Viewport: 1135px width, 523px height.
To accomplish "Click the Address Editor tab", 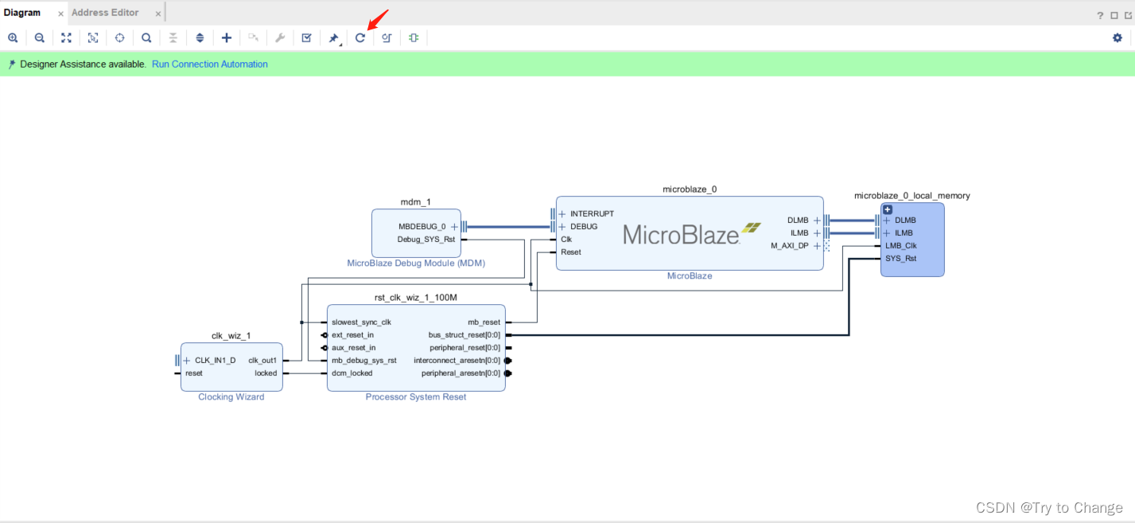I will (105, 13).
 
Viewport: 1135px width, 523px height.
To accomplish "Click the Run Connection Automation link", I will (209, 64).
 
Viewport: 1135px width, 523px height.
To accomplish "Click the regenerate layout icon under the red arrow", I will (360, 37).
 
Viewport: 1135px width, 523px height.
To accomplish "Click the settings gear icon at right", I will (1117, 37).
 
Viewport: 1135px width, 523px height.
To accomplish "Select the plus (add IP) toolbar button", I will (227, 37).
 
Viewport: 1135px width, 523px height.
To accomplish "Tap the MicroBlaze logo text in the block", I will (681, 233).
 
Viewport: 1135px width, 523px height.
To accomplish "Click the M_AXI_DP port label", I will (789, 246).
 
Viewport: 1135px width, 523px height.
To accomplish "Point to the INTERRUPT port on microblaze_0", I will (591, 213).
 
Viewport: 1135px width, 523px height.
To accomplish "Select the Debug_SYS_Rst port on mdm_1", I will (426, 239).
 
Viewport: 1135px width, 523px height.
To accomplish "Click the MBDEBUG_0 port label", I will (422, 226).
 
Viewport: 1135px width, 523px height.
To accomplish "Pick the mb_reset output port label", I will (484, 322).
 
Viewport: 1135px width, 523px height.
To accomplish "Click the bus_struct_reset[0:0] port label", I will (464, 335).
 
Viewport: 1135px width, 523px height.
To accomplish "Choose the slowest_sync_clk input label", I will (361, 322).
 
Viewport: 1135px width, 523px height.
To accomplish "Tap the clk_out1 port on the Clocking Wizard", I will (262, 360).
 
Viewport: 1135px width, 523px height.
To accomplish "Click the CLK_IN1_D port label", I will (215, 360).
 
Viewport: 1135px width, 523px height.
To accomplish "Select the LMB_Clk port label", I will (900, 245).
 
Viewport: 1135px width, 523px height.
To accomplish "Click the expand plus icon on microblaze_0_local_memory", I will (888, 209).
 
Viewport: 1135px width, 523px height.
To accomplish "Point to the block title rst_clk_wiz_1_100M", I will (416, 297).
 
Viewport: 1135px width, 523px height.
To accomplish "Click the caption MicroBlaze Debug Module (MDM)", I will (416, 263).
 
